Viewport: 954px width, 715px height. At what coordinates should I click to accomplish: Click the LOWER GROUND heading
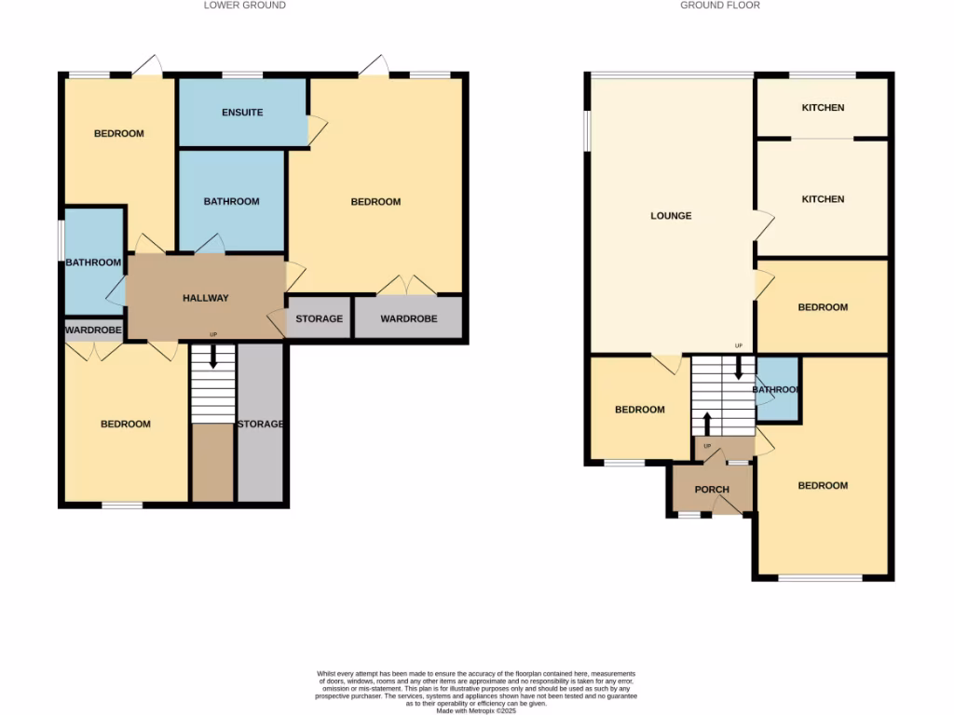[x=244, y=6]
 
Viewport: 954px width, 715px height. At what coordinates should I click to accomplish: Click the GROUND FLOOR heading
[x=719, y=6]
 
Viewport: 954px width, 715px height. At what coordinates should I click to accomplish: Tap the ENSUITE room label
[x=242, y=113]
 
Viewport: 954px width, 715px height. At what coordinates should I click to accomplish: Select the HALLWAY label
[x=205, y=298]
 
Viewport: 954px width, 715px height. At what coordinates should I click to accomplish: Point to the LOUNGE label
[x=671, y=216]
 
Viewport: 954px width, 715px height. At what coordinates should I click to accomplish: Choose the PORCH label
[x=712, y=490]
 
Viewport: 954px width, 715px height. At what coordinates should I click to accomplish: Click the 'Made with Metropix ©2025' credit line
[x=476, y=710]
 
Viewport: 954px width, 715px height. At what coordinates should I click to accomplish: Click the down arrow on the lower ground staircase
[x=213, y=356]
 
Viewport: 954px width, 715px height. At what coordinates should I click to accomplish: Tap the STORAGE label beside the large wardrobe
[x=319, y=319]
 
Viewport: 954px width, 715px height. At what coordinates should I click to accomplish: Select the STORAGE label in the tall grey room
[x=260, y=425]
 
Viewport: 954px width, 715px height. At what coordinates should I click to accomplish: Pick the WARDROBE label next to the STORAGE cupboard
[x=409, y=319]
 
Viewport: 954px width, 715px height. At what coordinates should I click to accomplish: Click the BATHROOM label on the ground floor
[x=776, y=390]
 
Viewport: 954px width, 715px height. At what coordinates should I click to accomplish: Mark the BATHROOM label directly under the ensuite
[x=231, y=202]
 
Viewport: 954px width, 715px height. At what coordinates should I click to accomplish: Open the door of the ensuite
[x=317, y=129]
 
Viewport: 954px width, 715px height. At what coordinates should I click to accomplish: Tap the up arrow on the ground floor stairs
[x=706, y=425]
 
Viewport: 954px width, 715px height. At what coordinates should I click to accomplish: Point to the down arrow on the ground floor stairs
[x=739, y=367]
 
